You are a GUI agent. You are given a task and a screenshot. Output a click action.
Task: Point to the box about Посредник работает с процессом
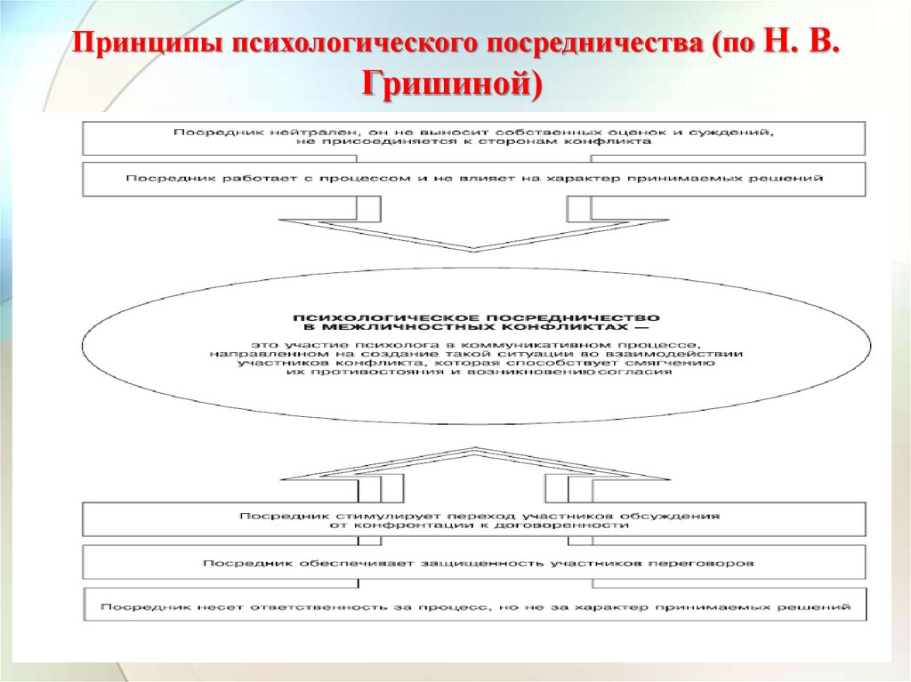point(474,179)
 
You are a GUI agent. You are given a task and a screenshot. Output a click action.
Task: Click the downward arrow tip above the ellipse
point(474,249)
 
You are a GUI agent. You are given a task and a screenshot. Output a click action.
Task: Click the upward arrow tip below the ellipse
point(474,450)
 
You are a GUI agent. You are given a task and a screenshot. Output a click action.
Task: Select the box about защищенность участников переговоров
point(474,563)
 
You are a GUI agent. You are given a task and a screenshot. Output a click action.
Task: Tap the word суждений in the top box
point(746,132)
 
